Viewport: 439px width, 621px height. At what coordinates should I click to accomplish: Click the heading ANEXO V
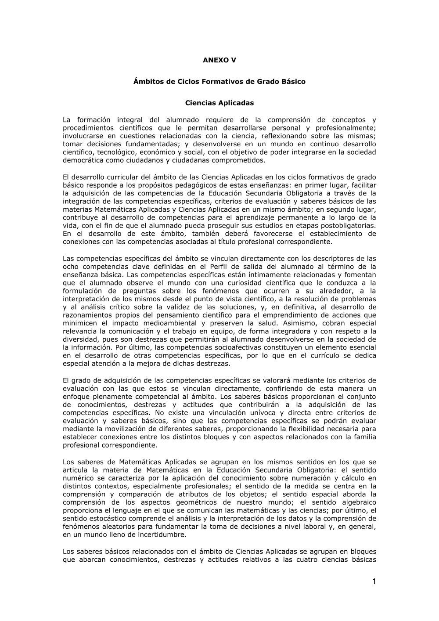point(219,60)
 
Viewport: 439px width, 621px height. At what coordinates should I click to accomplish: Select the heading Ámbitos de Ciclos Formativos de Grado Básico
point(219,82)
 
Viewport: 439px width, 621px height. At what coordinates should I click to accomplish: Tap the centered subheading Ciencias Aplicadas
point(219,103)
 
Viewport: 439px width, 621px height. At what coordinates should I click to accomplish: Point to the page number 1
point(374,582)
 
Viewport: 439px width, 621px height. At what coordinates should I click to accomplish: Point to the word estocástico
point(106,518)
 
